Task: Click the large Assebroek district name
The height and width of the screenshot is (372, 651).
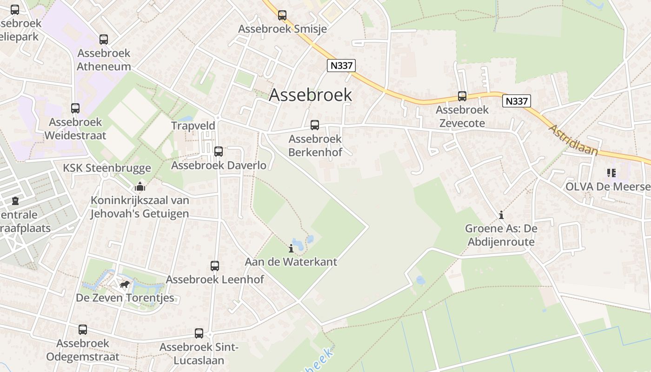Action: [310, 95]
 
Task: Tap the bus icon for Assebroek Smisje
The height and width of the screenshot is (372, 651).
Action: [282, 15]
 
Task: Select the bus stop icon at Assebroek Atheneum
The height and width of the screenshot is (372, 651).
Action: [104, 40]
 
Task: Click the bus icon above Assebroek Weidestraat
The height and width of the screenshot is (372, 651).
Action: [75, 108]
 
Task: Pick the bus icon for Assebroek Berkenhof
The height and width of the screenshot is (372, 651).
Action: [315, 125]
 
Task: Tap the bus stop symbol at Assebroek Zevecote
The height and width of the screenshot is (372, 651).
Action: [462, 96]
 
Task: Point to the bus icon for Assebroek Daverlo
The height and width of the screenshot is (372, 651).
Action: [219, 152]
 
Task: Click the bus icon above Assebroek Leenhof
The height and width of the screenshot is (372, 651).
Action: [215, 266]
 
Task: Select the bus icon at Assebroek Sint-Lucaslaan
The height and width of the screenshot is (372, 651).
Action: [199, 333]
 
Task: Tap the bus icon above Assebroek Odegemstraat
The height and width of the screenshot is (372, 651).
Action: [83, 330]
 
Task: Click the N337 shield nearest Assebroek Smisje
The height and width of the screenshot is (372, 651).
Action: [341, 66]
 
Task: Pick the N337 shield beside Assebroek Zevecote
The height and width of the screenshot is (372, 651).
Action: [516, 101]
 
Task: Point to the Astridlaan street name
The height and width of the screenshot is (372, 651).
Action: [573, 139]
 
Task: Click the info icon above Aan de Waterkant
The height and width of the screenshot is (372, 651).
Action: [292, 248]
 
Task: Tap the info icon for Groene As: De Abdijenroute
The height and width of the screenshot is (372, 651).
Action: [501, 215]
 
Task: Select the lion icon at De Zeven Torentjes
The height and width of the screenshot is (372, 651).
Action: [124, 284]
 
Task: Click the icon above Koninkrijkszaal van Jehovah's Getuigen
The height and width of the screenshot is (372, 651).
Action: [140, 186]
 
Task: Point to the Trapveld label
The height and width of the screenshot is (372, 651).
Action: [193, 126]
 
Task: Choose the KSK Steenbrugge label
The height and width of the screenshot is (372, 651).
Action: [107, 168]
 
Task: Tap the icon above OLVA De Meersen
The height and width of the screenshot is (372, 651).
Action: [611, 173]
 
